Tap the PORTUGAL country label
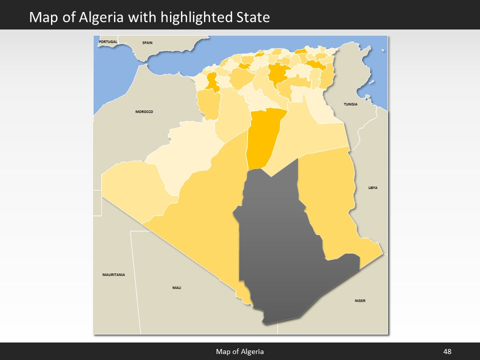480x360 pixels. pyautogui.click(x=108, y=41)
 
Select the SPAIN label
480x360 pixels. pyautogui.click(x=147, y=42)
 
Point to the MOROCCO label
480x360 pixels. pyautogui.click(x=144, y=111)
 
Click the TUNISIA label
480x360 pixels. pyautogui.click(x=350, y=104)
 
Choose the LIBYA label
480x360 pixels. pyautogui.click(x=372, y=187)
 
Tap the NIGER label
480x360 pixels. pyautogui.click(x=360, y=300)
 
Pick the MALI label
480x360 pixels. pyautogui.click(x=176, y=287)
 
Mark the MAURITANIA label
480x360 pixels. pyautogui.click(x=113, y=274)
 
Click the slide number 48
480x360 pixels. pyautogui.click(x=447, y=352)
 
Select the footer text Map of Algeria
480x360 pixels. pyautogui.click(x=239, y=352)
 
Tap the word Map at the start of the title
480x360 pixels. pyautogui.click(x=41, y=18)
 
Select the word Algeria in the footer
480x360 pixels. pyautogui.click(x=252, y=352)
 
